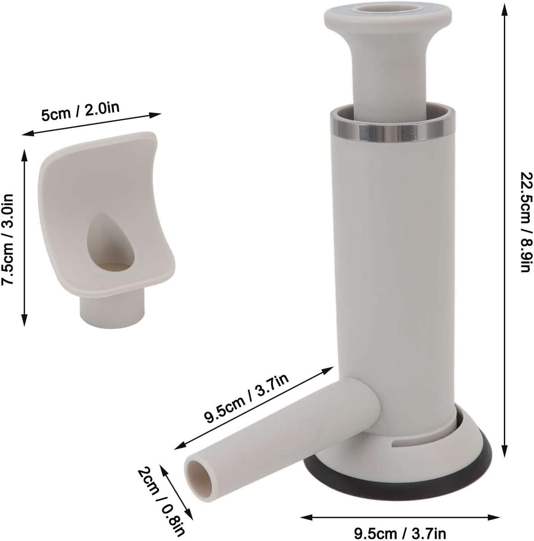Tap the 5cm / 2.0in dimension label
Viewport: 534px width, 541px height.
81,112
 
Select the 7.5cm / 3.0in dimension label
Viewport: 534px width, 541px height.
8,235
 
